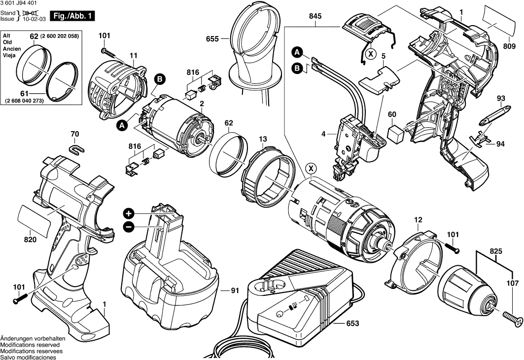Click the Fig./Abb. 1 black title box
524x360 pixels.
[72, 16]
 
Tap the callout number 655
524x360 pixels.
[212, 39]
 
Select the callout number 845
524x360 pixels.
[315, 16]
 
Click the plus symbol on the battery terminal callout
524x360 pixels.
[129, 213]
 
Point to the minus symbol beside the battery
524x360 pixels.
[129, 227]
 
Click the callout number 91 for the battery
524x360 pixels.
[235, 290]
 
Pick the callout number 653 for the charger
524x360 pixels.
[352, 323]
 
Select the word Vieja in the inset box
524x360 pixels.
[9, 56]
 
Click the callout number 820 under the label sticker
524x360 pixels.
[31, 240]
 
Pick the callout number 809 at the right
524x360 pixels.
[509, 46]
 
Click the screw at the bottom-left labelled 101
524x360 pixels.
[20, 298]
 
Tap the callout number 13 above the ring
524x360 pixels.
[263, 139]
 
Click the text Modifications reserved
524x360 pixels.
[30, 345]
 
